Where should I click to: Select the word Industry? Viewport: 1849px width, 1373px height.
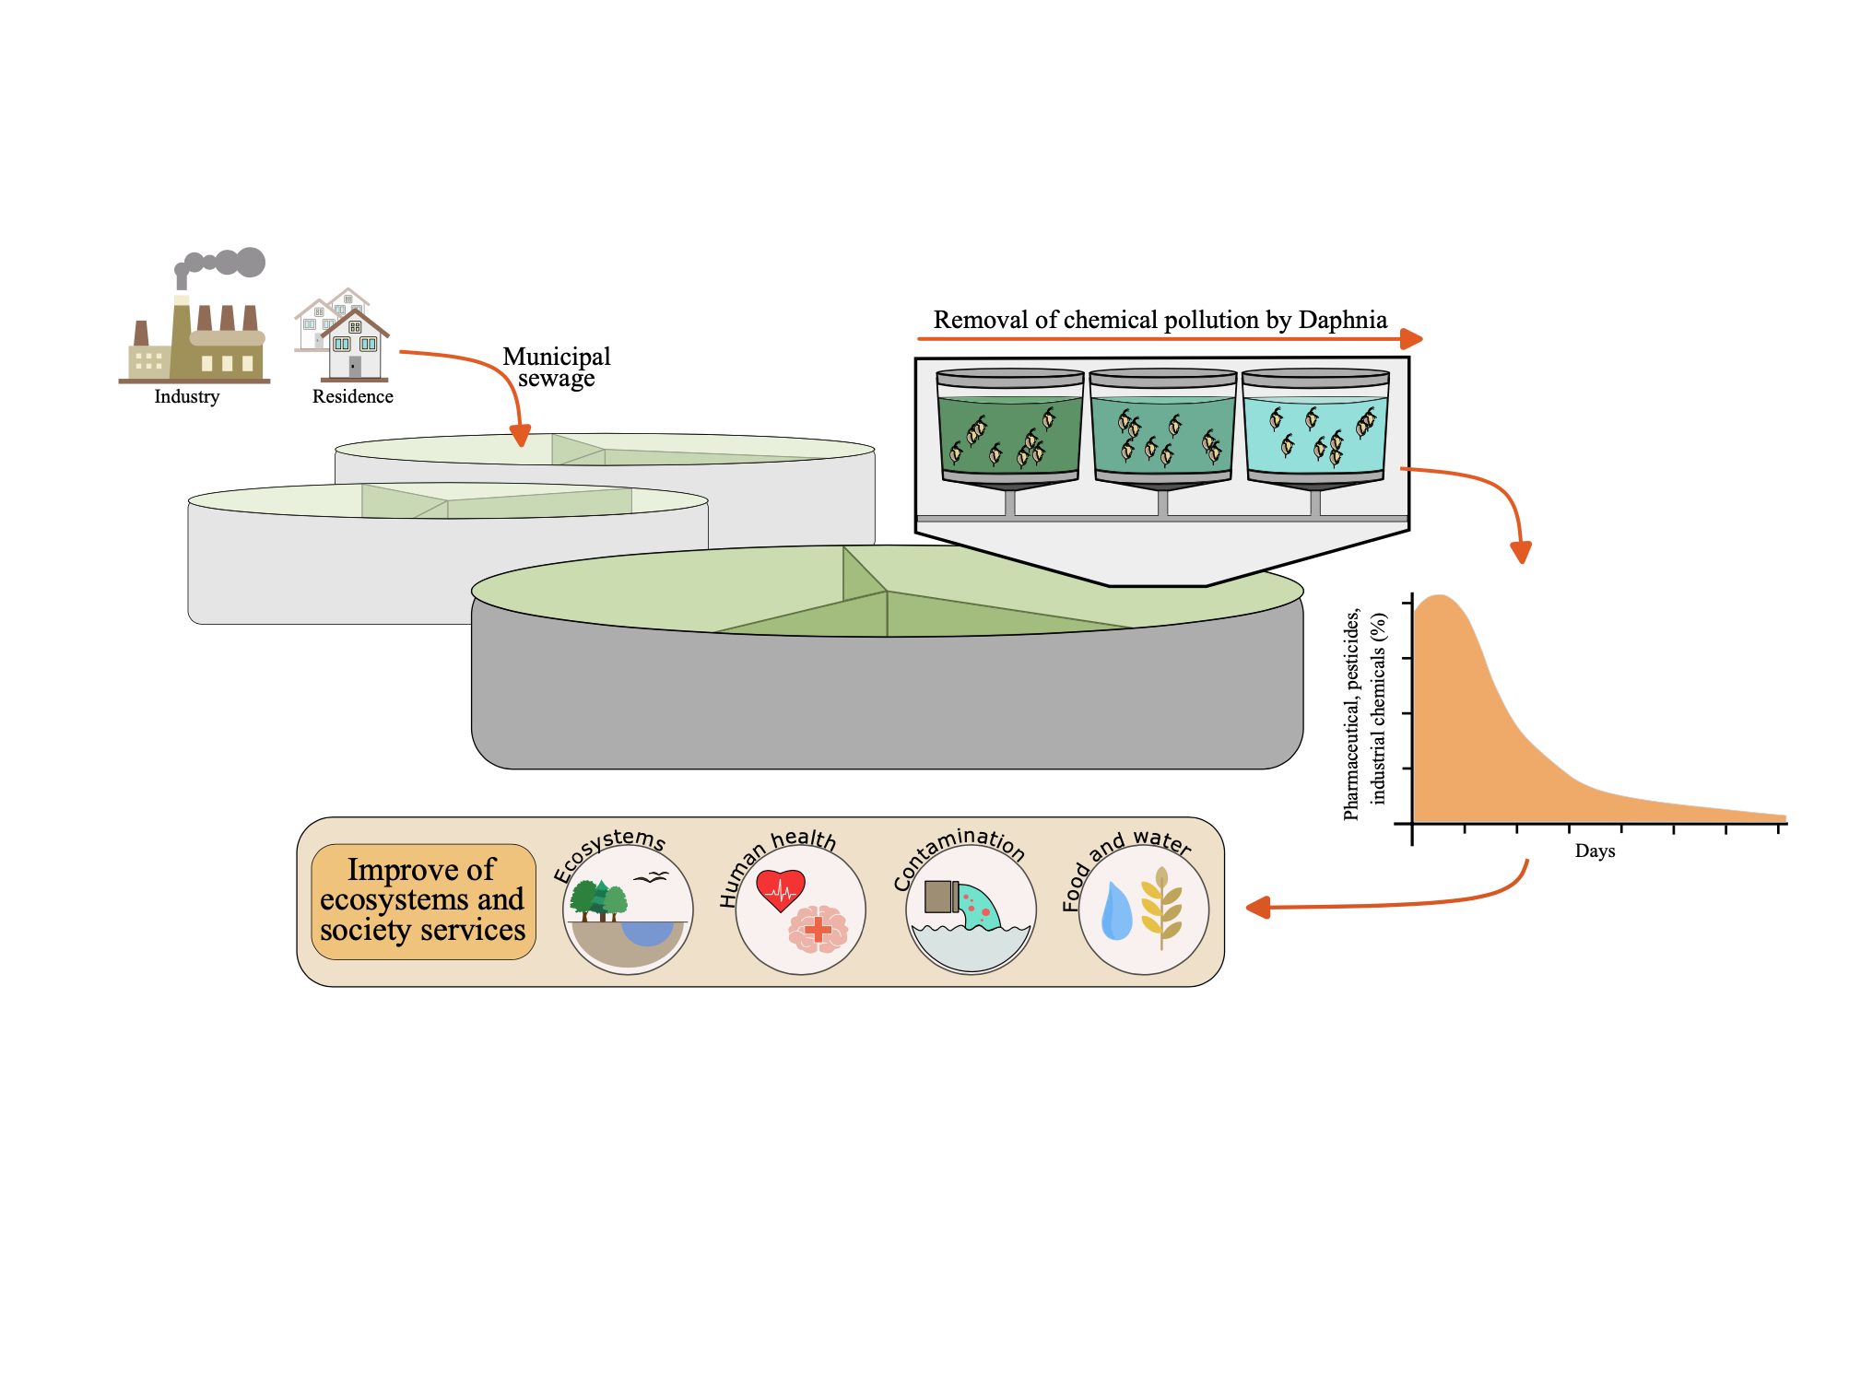click(187, 397)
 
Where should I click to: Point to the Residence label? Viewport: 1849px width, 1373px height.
click(352, 397)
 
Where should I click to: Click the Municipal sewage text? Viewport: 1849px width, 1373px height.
click(556, 368)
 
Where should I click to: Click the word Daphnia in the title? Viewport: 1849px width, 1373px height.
click(1342, 320)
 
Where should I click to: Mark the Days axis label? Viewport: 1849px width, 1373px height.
click(1595, 851)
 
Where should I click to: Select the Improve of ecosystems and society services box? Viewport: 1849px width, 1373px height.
click(423, 901)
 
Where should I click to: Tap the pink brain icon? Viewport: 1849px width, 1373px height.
click(818, 929)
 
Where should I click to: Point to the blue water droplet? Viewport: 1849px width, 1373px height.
click(1116, 912)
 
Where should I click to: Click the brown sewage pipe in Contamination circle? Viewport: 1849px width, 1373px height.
click(939, 896)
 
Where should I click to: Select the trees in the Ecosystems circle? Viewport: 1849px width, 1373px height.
click(597, 899)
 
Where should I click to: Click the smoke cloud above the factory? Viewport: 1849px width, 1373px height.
click(226, 264)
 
